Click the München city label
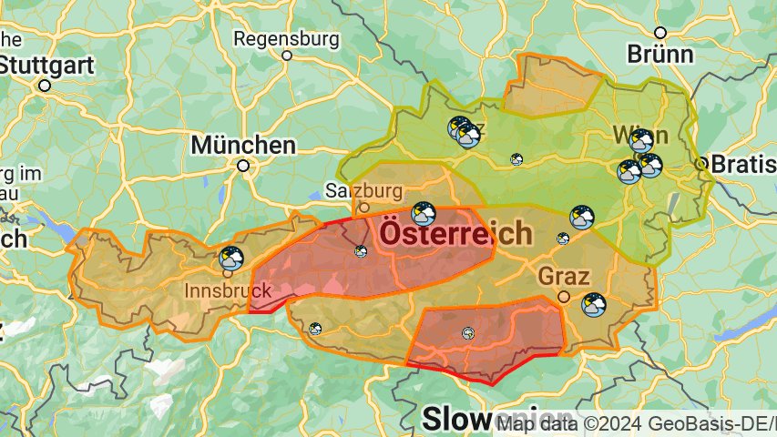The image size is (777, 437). pos(243,145)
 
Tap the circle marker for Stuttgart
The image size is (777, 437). pos(45,85)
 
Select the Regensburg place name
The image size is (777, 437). pos(287,39)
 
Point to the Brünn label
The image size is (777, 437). pos(659,54)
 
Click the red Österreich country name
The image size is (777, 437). pos(455,233)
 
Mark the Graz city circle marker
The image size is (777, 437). pos(564,297)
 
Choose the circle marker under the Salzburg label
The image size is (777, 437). pos(364,208)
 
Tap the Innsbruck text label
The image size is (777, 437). pos(228,290)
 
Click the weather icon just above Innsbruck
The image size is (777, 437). pos(231,259)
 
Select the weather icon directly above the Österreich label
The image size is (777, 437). pos(423,214)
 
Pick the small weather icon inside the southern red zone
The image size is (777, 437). pos(468,333)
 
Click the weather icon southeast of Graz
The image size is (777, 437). pos(594,304)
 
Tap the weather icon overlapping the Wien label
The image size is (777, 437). pos(641,140)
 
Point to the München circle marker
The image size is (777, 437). pos(243,166)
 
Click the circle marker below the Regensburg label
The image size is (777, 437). pos(287,56)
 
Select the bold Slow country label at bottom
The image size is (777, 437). pos(455,419)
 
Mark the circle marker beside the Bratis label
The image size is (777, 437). pos(700,164)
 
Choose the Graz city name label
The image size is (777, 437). pos(565,276)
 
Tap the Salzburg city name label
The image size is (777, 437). pos(364,191)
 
